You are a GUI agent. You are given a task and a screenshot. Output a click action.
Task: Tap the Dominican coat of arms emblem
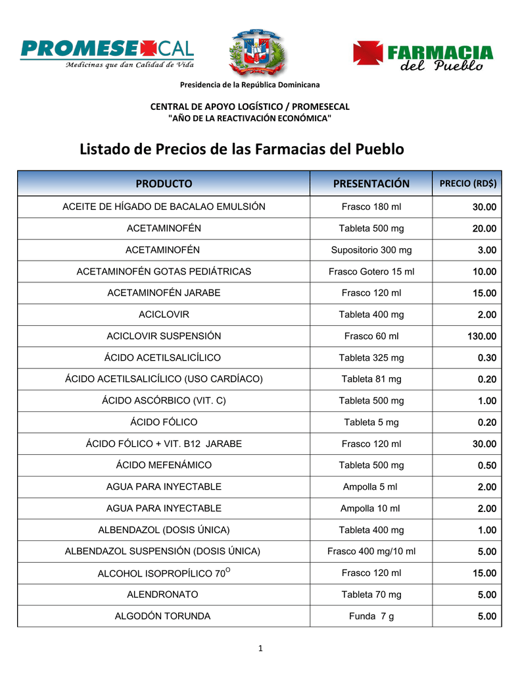[x=256, y=53]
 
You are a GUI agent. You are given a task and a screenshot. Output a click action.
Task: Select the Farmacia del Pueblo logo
[x=423, y=56]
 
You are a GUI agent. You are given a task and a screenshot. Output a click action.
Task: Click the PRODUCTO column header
[x=164, y=184]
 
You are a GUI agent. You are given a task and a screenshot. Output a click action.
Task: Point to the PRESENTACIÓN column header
[x=371, y=184]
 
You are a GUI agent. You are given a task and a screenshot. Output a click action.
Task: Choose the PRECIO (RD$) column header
[x=467, y=184]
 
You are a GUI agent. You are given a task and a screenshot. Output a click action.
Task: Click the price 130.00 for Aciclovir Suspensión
[x=482, y=336]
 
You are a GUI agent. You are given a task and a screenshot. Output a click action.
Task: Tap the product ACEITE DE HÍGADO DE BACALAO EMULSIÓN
[x=164, y=207]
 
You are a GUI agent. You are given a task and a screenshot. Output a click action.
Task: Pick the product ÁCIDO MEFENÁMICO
[x=164, y=465]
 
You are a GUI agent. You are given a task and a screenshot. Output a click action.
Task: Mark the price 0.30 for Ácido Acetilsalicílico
[x=487, y=358]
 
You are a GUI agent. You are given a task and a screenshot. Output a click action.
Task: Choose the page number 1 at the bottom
[x=260, y=649]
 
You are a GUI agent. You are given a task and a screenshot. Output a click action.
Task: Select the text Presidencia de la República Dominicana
[x=250, y=85]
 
